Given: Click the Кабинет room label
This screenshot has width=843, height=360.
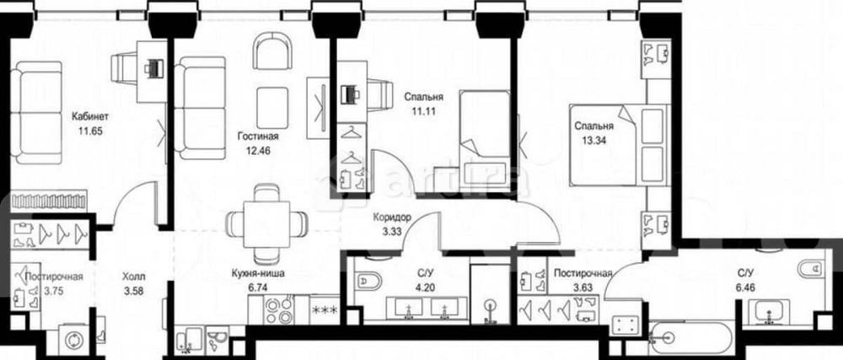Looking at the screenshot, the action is pos(90,116).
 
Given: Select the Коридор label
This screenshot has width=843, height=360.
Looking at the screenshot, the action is pos(393,218).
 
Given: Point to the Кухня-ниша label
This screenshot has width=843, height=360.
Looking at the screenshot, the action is pos(259,273).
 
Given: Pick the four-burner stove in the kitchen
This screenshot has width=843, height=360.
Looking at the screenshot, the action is pos(278,310).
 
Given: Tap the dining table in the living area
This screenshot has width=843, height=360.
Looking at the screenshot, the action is pos(266,224).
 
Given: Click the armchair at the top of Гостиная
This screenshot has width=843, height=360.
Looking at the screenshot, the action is pos(272,51).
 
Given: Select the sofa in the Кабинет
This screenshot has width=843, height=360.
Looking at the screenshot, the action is pos(37,112).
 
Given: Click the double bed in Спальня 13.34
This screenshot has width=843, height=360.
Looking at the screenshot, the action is pos(618,145).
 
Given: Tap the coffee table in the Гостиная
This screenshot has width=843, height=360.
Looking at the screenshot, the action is pos(272,108).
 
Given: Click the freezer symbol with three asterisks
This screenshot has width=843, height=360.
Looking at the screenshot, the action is pos(325,310).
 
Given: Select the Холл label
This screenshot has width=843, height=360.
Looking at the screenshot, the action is pos(133,277).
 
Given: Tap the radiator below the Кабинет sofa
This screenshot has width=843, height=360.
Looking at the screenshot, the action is pos(49,201).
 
